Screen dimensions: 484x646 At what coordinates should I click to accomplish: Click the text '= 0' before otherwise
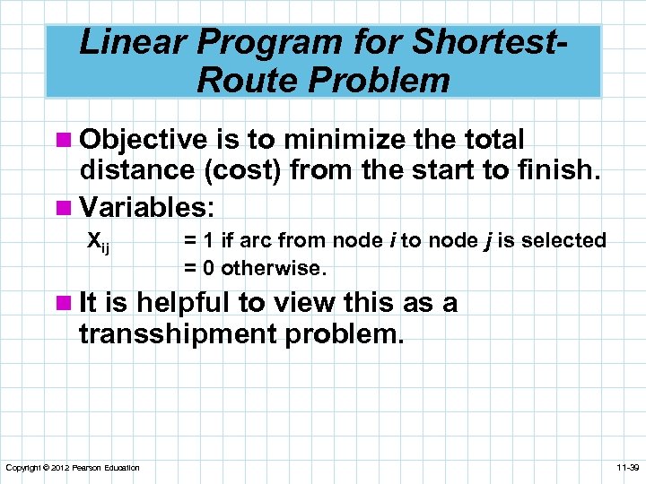point(198,267)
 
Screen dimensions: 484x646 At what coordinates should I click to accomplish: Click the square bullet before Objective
point(68,141)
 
